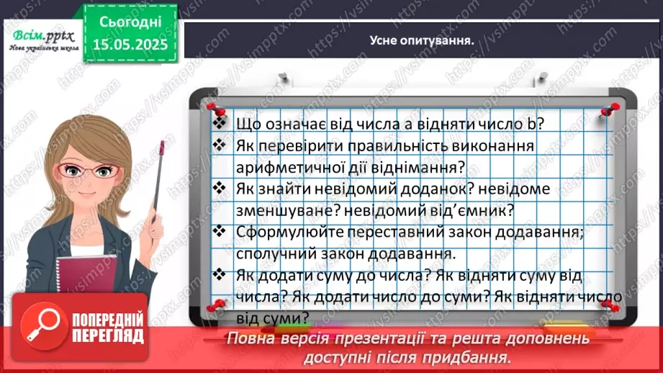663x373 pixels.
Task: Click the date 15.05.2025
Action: (x=130, y=42)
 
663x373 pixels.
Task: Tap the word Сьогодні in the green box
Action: (x=130, y=22)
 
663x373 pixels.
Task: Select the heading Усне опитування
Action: (x=421, y=40)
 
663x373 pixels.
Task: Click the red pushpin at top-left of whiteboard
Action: (x=212, y=109)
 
